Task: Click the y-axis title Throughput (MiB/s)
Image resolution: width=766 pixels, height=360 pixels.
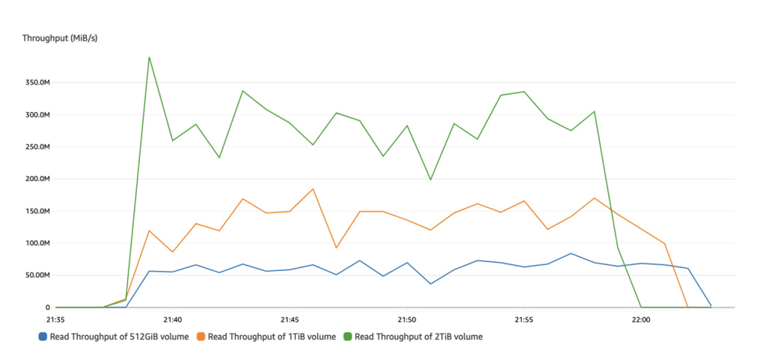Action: (x=60, y=38)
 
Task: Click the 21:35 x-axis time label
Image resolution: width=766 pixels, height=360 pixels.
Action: (x=55, y=318)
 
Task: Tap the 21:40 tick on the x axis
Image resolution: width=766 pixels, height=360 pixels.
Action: (x=173, y=318)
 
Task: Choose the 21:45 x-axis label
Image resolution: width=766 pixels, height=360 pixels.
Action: (x=289, y=318)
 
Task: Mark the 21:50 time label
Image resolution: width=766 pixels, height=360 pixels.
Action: (x=407, y=318)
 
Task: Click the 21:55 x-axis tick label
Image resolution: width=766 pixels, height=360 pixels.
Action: (x=524, y=318)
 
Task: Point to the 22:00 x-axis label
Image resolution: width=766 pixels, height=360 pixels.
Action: (x=641, y=318)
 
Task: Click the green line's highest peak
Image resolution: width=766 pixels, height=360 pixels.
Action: (x=149, y=57)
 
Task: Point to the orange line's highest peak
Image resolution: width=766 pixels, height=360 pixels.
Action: (x=313, y=189)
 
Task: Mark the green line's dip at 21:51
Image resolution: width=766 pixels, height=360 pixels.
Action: (x=430, y=180)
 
